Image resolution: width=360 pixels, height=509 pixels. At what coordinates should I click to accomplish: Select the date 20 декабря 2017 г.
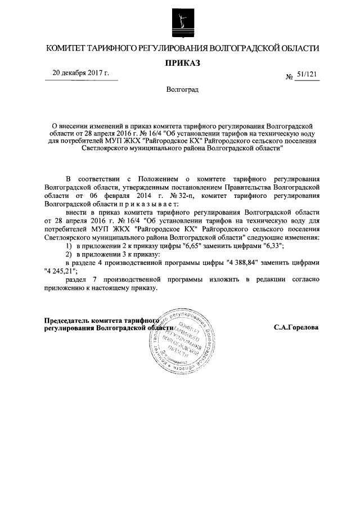[80, 73]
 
